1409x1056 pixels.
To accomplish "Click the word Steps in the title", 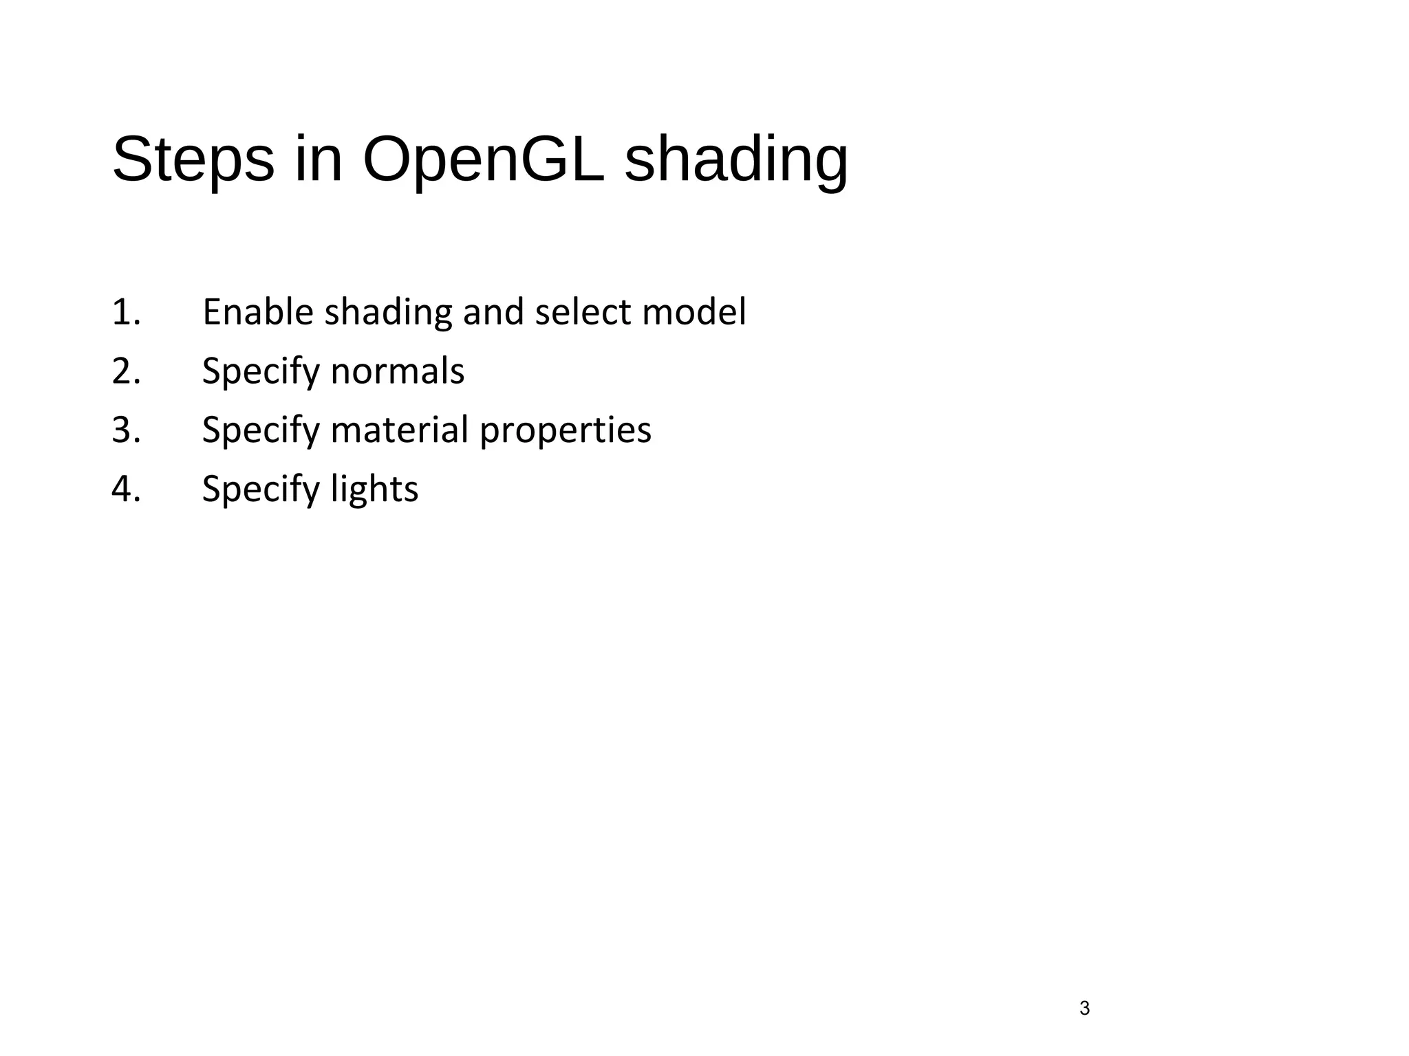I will tap(193, 159).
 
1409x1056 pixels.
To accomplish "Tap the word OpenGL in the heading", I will tap(483, 159).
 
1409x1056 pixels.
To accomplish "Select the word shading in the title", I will tap(736, 159).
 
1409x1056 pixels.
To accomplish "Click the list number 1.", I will tap(125, 312).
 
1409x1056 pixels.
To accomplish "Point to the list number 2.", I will tap(125, 371).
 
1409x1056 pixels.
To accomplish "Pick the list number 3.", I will tap(125, 430).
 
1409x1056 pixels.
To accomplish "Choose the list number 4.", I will tap(125, 489).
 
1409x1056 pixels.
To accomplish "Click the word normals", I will tap(397, 371).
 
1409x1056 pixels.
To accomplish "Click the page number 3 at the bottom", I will tap(1085, 1009).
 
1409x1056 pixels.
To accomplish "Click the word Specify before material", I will tap(261, 431).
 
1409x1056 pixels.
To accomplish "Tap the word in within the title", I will tap(318, 159).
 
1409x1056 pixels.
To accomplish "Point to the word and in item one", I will tap(493, 312).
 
